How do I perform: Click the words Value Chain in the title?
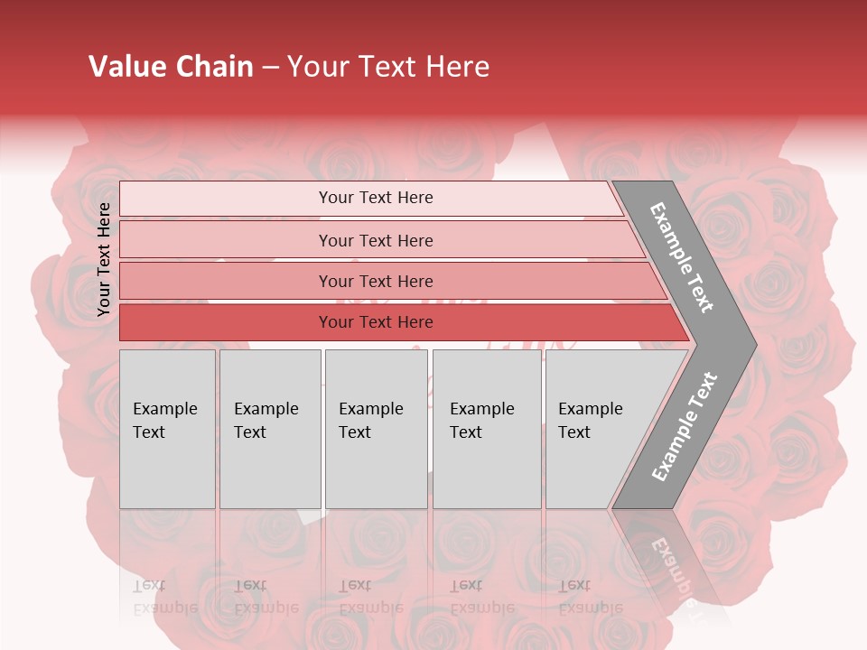coord(171,67)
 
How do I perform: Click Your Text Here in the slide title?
coord(388,67)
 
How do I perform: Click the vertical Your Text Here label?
coord(104,259)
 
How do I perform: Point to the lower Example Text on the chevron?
coord(685,427)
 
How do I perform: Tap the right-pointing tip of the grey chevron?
coord(750,344)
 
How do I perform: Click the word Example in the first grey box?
coord(164,409)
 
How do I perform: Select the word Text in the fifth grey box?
coord(573,432)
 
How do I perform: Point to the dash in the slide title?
coord(270,68)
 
